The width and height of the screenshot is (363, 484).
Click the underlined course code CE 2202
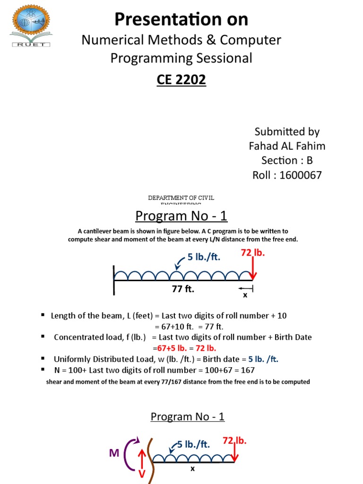[181, 80]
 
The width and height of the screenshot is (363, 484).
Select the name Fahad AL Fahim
[287, 146]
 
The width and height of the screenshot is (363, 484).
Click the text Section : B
[287, 161]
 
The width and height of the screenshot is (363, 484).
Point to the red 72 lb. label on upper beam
[253, 253]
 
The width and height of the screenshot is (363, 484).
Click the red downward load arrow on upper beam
[253, 269]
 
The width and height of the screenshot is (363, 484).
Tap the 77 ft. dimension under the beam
[183, 289]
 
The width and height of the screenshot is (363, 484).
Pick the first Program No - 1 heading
[181, 216]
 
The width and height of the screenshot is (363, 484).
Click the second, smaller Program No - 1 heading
[188, 416]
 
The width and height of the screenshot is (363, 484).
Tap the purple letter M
[114, 453]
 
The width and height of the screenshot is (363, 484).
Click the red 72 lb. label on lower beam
[235, 441]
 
